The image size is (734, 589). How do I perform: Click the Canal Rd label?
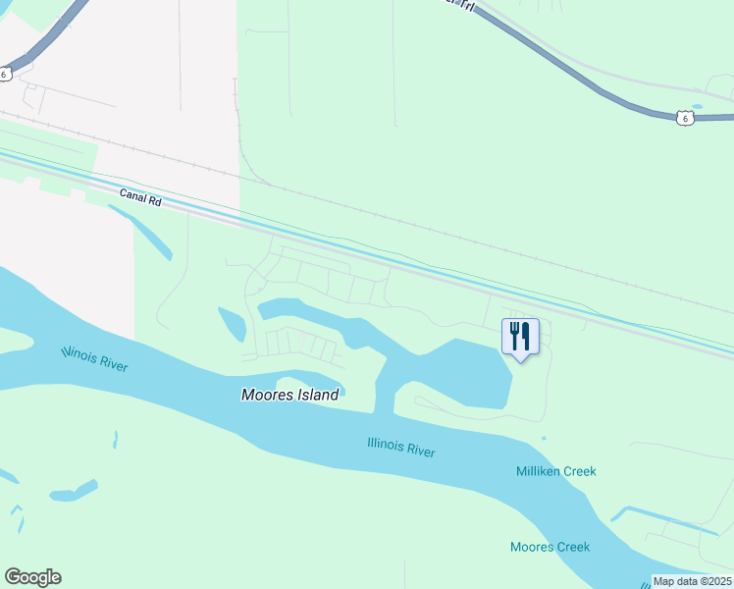139,197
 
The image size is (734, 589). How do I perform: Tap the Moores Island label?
289,395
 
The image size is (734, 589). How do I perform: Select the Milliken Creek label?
555,471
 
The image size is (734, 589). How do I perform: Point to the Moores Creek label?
550,547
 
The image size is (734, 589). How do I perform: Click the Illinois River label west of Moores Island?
94,358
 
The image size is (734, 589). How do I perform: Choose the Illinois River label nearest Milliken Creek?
400,448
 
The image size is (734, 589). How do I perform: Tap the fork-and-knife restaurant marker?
520,337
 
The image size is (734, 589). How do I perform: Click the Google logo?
32,577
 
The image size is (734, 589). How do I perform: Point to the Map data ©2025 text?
693,581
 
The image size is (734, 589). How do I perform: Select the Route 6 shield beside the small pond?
685,118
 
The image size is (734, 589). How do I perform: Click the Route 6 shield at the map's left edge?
5,74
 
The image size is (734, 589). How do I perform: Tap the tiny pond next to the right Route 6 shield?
697,106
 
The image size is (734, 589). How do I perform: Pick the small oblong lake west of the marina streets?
232,323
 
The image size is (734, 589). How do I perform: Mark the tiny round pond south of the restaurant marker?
544,438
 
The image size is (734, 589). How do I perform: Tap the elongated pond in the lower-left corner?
74,490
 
